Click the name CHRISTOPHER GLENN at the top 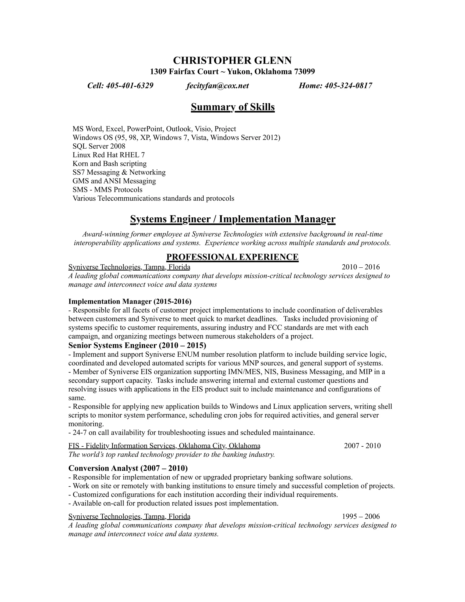coord(232,60)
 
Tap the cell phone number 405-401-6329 coord(129,86)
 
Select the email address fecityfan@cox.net coord(217,86)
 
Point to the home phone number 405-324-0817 coord(349,86)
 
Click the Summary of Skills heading coord(232,107)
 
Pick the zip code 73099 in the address coord(304,72)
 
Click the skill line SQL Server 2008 coord(99,146)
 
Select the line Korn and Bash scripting coord(110,164)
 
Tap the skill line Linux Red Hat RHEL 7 coord(109,155)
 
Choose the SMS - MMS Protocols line coord(107,190)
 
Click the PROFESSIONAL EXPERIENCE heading coord(232,257)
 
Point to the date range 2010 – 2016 coord(361,267)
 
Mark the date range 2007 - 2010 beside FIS coord(362,446)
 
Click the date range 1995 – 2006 coord(361,516)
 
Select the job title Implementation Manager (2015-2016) coord(130,301)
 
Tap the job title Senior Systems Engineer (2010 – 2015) coord(137,345)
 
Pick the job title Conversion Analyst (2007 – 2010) coord(128,468)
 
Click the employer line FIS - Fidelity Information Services coord(164,446)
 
